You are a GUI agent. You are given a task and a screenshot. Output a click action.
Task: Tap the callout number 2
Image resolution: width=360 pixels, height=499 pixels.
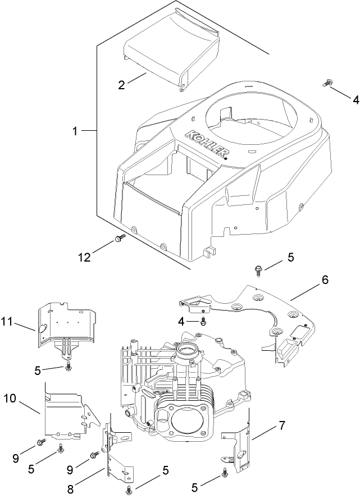click(x=121, y=86)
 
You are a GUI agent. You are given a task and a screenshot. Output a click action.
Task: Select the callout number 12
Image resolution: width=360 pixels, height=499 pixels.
click(x=84, y=257)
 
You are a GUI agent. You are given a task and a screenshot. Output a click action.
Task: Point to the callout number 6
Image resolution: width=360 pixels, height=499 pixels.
click(x=325, y=279)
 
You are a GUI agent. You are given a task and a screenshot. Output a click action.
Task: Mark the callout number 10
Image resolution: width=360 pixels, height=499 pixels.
click(x=11, y=398)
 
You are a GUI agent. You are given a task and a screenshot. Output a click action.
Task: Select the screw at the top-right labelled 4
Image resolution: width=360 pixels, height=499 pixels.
click(x=326, y=84)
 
